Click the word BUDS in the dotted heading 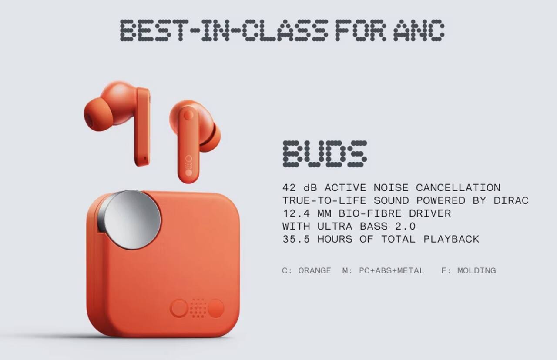pos(325,154)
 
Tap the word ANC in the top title pos(419,30)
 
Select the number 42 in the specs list pos(289,188)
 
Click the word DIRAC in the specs pos(511,201)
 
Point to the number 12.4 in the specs pos(296,213)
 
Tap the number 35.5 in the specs pos(296,239)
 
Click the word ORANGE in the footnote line pos(315,270)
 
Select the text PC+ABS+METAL pos(391,270)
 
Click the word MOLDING pos(476,270)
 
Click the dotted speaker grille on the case pos(198,308)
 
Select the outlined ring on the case pos(179,308)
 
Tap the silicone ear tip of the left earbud pos(97,114)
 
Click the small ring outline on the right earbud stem pos(189,159)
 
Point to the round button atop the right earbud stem pos(188,115)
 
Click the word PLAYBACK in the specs pos(451,239)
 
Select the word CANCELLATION pos(458,188)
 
